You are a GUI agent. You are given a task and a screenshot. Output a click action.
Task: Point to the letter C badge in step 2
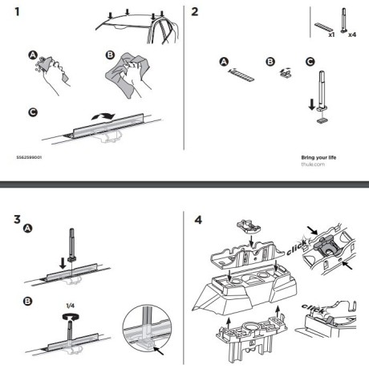(x=310, y=61)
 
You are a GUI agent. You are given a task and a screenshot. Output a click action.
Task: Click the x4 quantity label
(x=351, y=34)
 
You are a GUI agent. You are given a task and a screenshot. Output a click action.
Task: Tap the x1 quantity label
(x=329, y=34)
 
